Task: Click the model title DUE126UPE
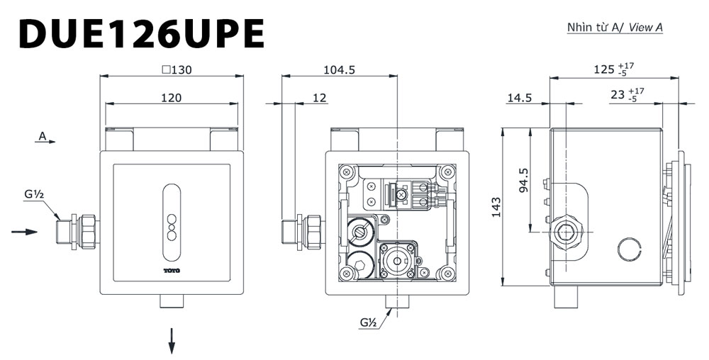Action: pyautogui.click(x=142, y=33)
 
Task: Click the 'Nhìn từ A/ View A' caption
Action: pyautogui.click(x=614, y=28)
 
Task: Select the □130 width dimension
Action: pyautogui.click(x=177, y=69)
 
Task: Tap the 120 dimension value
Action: pyautogui.click(x=170, y=98)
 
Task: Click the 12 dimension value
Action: pyautogui.click(x=319, y=98)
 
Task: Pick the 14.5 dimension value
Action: pyautogui.click(x=519, y=98)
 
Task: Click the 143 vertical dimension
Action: pyautogui.click(x=496, y=206)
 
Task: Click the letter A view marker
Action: pyautogui.click(x=43, y=135)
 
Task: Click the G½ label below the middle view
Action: pyautogui.click(x=367, y=322)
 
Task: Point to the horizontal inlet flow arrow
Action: pyautogui.click(x=25, y=231)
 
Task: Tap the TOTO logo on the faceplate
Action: pyautogui.click(x=172, y=271)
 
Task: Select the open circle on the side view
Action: pyautogui.click(x=628, y=248)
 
